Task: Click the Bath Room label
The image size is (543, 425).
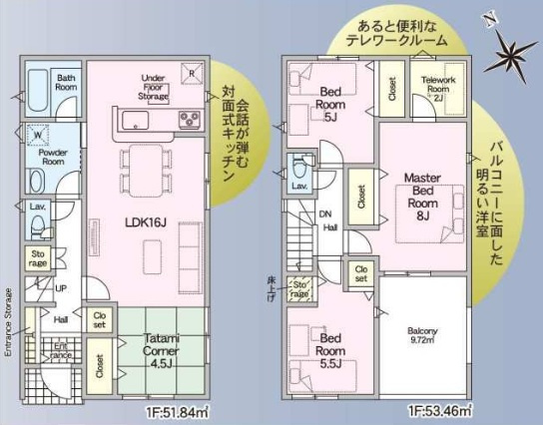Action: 67,82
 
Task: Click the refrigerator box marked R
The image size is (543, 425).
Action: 190,71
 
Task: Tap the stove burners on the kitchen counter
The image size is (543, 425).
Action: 190,121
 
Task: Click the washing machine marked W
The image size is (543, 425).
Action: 37,134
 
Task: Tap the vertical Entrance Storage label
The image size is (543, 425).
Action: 7,322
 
